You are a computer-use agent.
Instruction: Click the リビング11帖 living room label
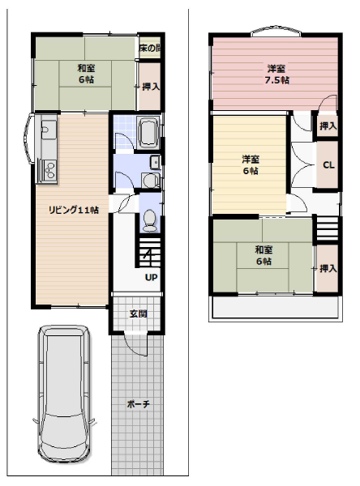(74, 210)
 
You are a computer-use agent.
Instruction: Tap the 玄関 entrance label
(138, 313)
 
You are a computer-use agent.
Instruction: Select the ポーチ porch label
(138, 404)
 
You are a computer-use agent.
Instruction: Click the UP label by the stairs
(151, 277)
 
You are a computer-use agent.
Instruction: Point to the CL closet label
(328, 165)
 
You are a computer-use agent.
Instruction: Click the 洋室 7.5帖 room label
(276, 75)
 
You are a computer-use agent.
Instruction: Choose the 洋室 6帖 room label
(251, 165)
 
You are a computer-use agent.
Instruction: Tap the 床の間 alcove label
(149, 48)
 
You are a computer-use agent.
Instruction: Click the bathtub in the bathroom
(149, 133)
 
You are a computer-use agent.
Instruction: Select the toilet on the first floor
(150, 220)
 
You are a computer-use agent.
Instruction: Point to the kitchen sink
(48, 127)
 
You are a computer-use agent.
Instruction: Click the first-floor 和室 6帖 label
(86, 74)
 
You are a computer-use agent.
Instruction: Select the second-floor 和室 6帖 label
(264, 255)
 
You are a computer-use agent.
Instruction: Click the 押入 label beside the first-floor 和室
(151, 87)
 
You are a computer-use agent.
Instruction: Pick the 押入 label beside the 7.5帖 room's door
(328, 126)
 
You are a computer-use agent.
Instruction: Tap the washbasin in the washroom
(155, 162)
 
